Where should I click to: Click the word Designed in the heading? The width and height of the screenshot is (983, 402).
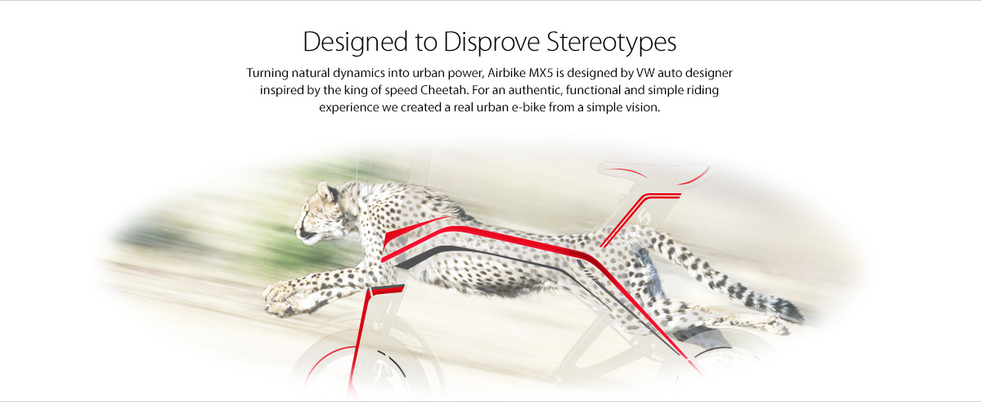pos(355,43)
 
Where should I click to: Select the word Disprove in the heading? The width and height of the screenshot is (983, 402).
pos(492,42)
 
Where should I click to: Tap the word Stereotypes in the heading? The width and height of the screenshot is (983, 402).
pos(611,43)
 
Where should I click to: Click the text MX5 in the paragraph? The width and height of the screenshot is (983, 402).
pos(541,73)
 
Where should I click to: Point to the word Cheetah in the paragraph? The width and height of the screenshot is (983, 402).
pos(445,90)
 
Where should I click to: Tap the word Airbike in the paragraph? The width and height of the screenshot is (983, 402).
pos(506,73)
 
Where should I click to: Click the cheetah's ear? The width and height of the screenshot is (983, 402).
pos(327,192)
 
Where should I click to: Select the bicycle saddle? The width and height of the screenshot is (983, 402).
pos(653,173)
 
